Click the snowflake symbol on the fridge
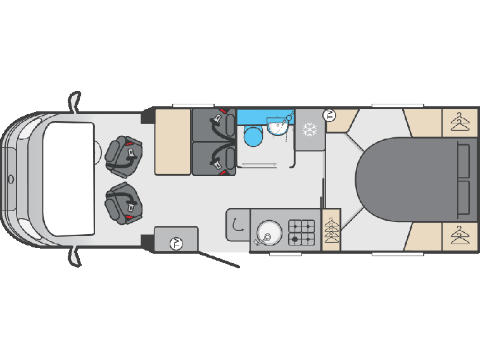pyautogui.click(x=310, y=129)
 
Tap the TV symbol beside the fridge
pyautogui.click(x=330, y=115)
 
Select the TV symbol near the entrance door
pyautogui.click(x=176, y=244)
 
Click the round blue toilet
pyautogui.click(x=253, y=137)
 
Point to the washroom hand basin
pyautogui.click(x=277, y=125)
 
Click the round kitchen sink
pyautogui.click(x=269, y=232)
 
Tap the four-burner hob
pyautogui.click(x=301, y=232)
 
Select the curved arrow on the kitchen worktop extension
pyautogui.click(x=237, y=225)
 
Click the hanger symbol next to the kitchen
pyautogui.click(x=331, y=230)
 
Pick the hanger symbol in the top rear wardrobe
pyautogui.click(x=460, y=122)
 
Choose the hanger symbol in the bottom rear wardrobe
pyautogui.click(x=460, y=235)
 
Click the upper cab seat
pyautogui.click(x=123, y=157)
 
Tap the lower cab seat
pyautogui.click(x=123, y=203)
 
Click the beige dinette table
pyautogui.click(x=173, y=142)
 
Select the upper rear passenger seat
pyautogui.click(x=214, y=125)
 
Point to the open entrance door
pyautogui.click(x=218, y=259)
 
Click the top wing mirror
pyautogui.click(x=74, y=102)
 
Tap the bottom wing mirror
pyautogui.click(x=74, y=256)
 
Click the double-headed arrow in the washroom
pyautogui.click(x=259, y=164)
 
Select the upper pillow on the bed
pyautogui.click(x=464, y=161)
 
